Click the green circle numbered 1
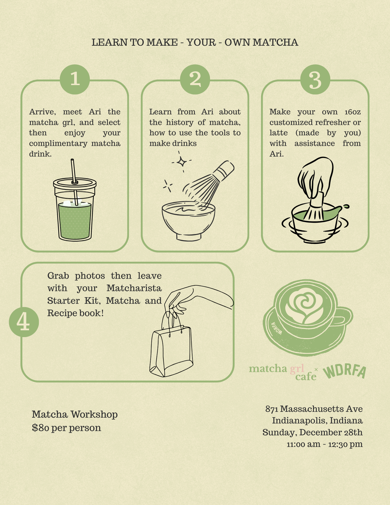[75, 79]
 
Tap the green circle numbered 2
[195, 79]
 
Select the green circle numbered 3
[315, 79]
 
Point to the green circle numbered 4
[24, 322]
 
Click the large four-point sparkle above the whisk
[182, 162]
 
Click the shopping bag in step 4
[171, 351]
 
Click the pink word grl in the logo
[297, 368]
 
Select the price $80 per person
[66, 428]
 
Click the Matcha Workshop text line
[75, 414]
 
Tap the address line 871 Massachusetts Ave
[314, 409]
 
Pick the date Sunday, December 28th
[313, 432]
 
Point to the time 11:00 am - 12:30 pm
[324, 444]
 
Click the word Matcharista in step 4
[134, 288]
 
